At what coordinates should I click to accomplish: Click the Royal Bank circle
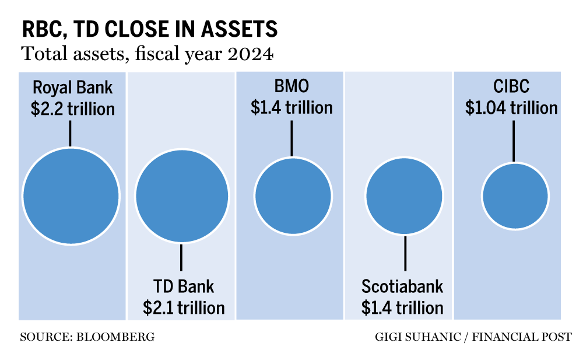point(71,196)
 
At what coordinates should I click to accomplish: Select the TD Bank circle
point(182,197)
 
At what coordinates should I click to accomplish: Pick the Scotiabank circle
point(404,196)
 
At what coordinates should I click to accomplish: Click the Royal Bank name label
point(72,88)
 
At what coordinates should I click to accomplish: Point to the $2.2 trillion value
point(72,109)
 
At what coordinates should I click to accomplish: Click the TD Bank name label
point(184,286)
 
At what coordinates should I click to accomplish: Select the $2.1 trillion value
point(184,307)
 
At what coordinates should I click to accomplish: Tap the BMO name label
point(291,87)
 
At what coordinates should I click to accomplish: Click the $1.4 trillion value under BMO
point(291,107)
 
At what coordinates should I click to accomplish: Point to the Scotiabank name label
point(402,286)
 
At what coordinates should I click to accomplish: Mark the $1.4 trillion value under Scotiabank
point(402,307)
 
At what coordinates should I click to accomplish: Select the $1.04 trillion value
point(511,108)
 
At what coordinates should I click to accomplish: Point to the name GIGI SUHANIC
point(413,337)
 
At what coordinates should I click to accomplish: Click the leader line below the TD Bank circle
point(182,257)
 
